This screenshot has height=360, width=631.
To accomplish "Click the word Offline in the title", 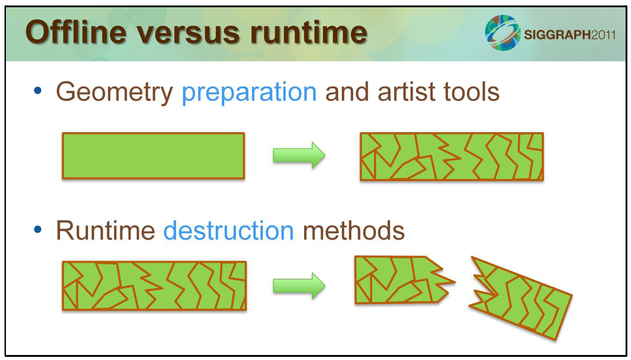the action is tap(76, 32).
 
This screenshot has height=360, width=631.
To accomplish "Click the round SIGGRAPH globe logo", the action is tap(503, 33).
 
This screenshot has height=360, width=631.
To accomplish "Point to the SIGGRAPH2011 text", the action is tap(570, 35).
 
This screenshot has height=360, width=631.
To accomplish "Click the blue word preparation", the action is tap(249, 93).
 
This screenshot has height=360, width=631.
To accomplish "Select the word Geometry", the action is tap(114, 93).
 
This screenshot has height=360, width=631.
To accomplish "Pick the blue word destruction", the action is tap(229, 231).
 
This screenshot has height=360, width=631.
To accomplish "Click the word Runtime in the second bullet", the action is tap(106, 231).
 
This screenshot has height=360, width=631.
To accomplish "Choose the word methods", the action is tap(354, 231).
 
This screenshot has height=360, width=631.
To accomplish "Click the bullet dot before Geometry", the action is tap(38, 91).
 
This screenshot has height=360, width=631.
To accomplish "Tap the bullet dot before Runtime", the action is tap(38, 229).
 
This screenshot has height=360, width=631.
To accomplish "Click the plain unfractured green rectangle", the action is tap(153, 156).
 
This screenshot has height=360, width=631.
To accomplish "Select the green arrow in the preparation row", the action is tap(299, 156).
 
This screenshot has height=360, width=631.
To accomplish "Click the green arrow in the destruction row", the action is tap(299, 286).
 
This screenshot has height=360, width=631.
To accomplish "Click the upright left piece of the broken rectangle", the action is tap(400, 280).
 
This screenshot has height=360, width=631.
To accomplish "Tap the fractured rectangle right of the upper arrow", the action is tap(452, 157).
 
